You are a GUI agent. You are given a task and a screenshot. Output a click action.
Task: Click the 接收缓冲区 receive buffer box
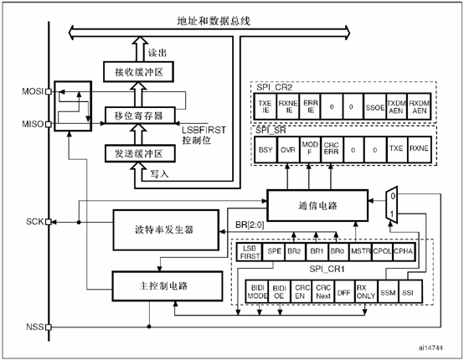tap(138, 73)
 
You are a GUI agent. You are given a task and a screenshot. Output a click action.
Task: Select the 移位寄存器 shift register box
tap(138, 113)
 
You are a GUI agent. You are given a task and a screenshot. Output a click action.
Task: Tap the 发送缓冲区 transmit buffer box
tap(138, 152)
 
